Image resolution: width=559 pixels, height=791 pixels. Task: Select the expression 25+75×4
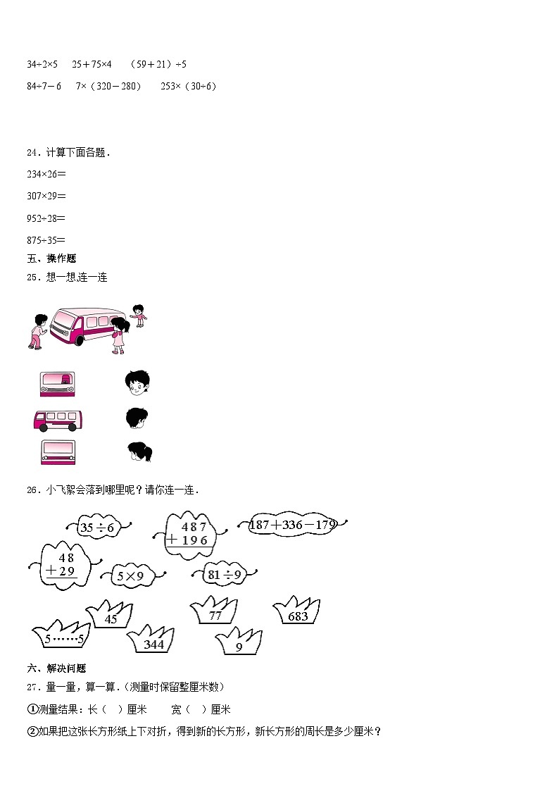click(x=92, y=64)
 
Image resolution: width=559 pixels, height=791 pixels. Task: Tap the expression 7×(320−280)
click(x=108, y=86)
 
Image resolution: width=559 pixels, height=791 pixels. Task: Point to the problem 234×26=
click(x=45, y=174)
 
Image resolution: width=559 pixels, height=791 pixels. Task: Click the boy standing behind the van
click(x=139, y=315)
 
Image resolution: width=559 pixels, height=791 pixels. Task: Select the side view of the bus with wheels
click(x=59, y=421)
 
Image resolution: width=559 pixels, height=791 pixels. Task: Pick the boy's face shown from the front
click(x=137, y=382)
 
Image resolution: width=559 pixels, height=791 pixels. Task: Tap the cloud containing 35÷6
click(x=97, y=526)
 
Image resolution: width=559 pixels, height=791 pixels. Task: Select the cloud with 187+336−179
click(x=293, y=525)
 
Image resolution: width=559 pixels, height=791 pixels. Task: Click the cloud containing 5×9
click(x=130, y=576)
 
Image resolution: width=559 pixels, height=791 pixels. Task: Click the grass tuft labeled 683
click(x=299, y=614)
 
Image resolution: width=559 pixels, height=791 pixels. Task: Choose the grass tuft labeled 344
click(x=151, y=641)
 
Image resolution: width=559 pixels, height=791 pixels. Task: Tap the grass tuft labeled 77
click(x=215, y=613)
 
